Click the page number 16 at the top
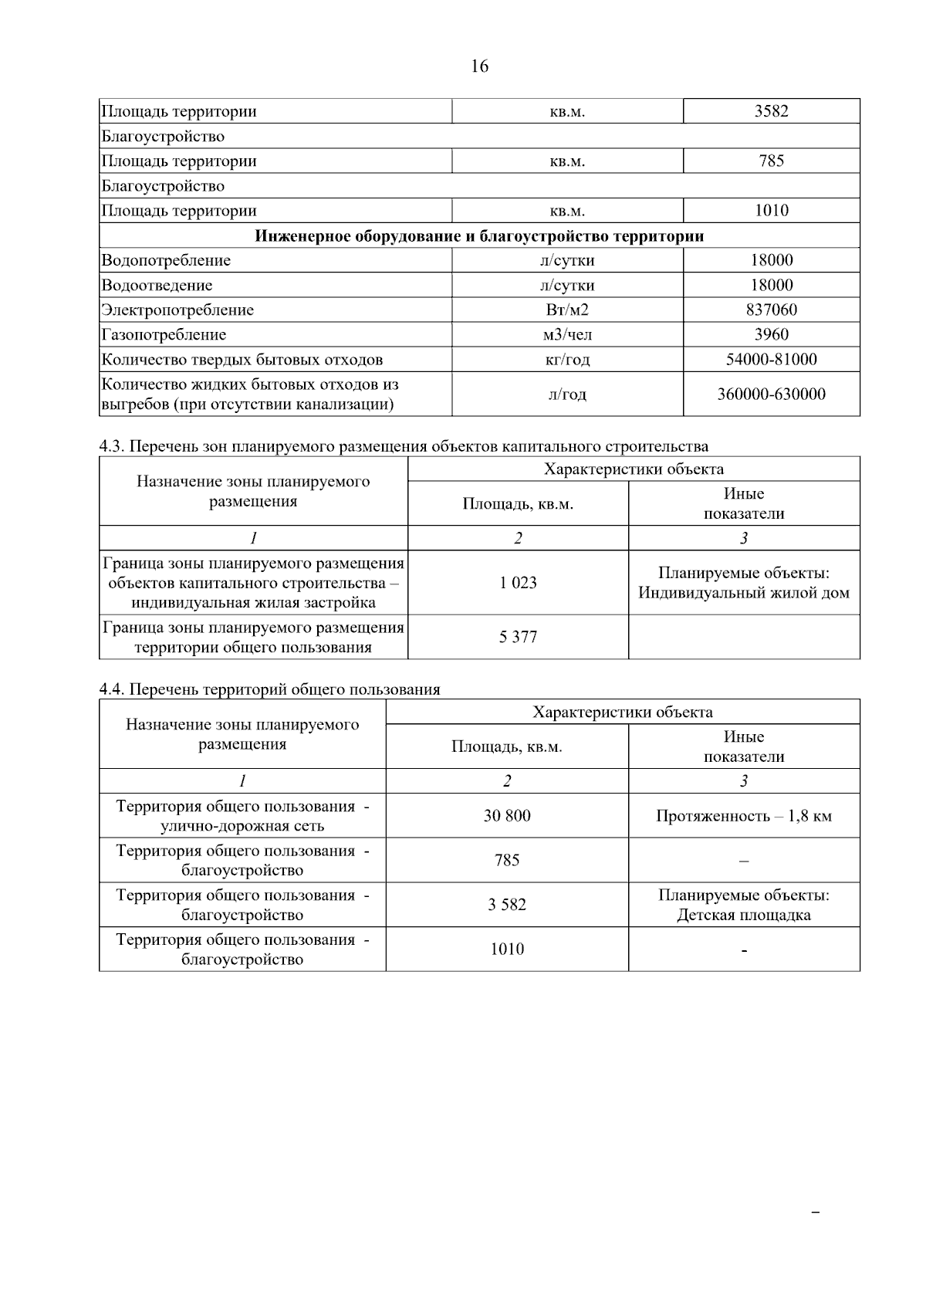click(x=479, y=66)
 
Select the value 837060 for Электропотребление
click(x=771, y=310)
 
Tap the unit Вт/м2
click(x=566, y=310)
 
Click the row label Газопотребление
click(x=164, y=334)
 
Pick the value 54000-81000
click(x=771, y=359)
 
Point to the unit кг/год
click(x=566, y=360)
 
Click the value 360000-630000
click(x=771, y=394)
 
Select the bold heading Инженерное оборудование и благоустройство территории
click(x=479, y=235)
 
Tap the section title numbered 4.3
click(x=404, y=446)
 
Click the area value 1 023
click(x=518, y=583)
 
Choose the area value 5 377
click(x=518, y=637)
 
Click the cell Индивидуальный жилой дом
click(x=743, y=593)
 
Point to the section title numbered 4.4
click(x=269, y=689)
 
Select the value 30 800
click(x=507, y=816)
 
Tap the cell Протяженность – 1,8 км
click(x=743, y=816)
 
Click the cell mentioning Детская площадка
click(x=743, y=915)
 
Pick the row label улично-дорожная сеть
click(x=242, y=826)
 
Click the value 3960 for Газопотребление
click(x=771, y=334)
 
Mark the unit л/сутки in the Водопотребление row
click(x=566, y=260)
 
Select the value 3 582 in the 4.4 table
click(x=507, y=905)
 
